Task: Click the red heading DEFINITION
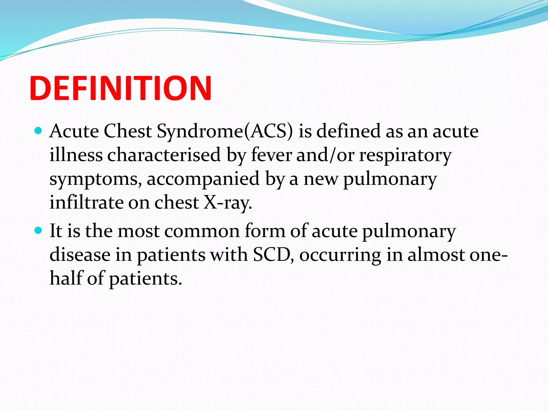click(x=120, y=88)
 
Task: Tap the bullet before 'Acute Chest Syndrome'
click(x=39, y=131)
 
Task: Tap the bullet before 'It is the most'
click(x=39, y=230)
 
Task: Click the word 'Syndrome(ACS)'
click(x=225, y=132)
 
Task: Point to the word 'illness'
click(x=76, y=155)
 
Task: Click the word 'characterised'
click(x=164, y=155)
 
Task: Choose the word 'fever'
click(x=271, y=155)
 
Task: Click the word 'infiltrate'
click(x=86, y=202)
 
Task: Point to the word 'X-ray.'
click(x=227, y=203)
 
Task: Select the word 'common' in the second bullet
click(x=202, y=231)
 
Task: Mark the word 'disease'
click(x=80, y=254)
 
